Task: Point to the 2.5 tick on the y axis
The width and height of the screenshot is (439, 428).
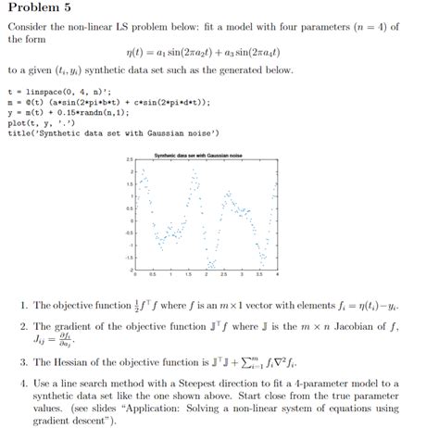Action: click(x=131, y=159)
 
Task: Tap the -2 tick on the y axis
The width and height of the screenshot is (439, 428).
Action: click(x=132, y=269)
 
